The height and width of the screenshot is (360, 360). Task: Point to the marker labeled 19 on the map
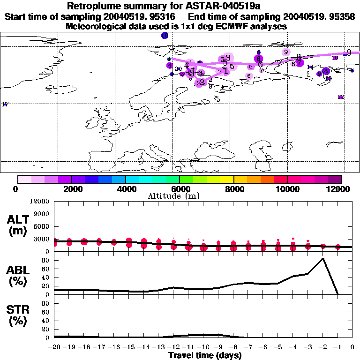pyautogui.click(x=164, y=36)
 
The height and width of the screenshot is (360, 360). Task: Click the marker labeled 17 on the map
pyautogui.click(x=5, y=104)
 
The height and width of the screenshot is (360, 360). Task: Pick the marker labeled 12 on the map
pyautogui.click(x=341, y=97)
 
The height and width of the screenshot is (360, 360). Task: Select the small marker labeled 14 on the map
pyautogui.click(x=310, y=67)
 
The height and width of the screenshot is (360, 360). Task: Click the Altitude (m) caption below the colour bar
pyautogui.click(x=180, y=196)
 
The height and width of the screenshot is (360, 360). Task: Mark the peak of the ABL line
pyautogui.click(x=322, y=258)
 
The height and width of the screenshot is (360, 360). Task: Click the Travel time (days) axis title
pyautogui.click(x=205, y=355)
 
